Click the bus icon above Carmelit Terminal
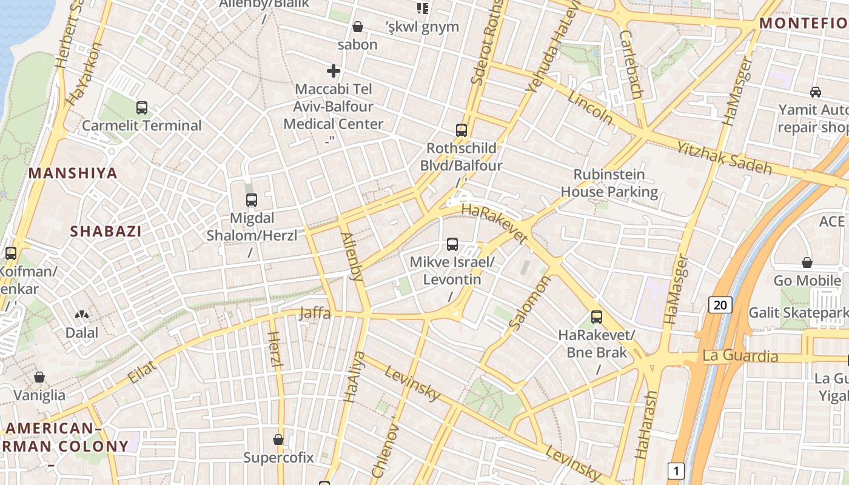(142, 108)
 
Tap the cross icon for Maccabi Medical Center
(334, 71)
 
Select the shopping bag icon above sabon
(358, 27)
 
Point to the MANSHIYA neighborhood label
(73, 173)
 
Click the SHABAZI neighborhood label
(106, 231)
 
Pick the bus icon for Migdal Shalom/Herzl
(251, 199)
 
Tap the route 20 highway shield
(720, 304)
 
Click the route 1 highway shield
(676, 470)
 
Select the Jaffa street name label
(315, 313)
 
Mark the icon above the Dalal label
(81, 315)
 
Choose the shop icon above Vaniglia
(39, 377)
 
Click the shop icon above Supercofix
(278, 439)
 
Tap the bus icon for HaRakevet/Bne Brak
(597, 316)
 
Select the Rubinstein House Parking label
(609, 183)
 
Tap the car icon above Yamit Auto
(816, 92)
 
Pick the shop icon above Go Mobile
(807, 263)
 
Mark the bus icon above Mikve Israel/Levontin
(452, 244)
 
